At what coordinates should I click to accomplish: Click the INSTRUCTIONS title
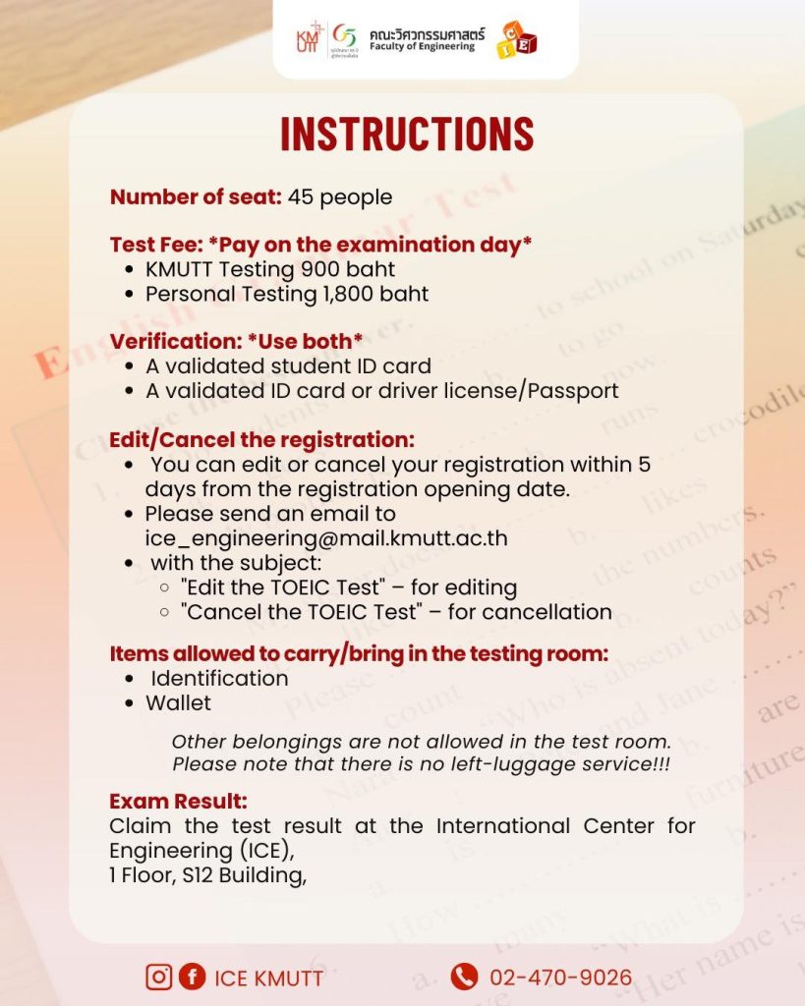407,136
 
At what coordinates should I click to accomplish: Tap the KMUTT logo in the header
309,38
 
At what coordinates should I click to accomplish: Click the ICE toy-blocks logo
517,39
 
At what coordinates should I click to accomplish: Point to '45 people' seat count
340,197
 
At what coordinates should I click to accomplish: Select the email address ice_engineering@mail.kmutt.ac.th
325,538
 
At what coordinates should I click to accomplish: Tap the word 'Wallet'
178,702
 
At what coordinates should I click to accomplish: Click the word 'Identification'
219,678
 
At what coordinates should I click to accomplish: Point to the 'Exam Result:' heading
178,800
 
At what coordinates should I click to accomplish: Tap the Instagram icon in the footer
158,977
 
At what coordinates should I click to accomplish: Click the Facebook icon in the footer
192,977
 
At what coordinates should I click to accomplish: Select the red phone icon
464,977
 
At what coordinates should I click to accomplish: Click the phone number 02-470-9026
561,978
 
